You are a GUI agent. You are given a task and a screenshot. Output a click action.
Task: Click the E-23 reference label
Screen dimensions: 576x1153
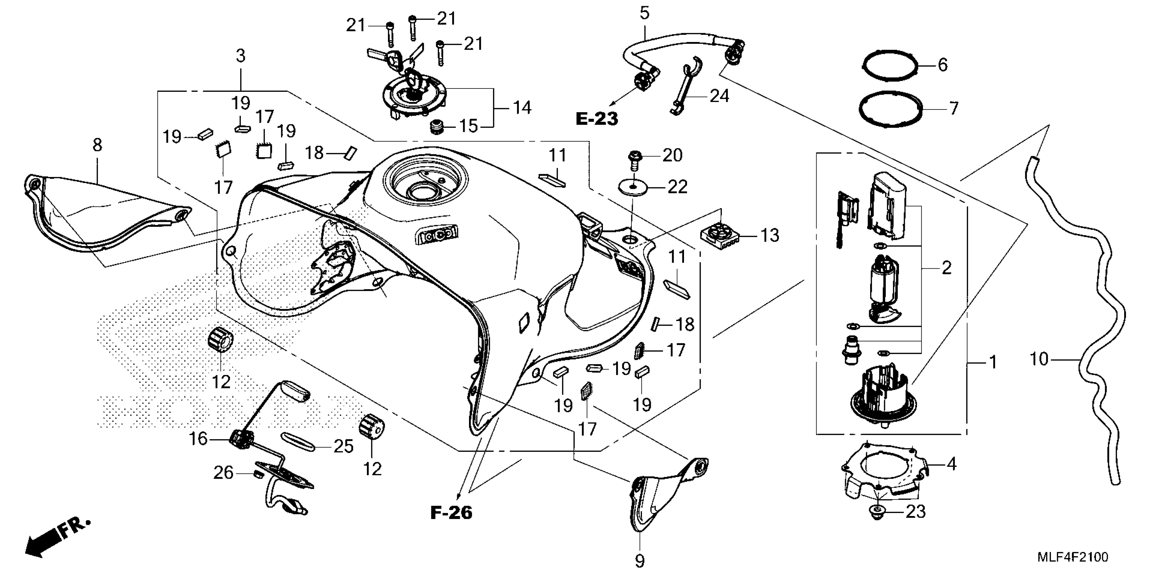click(x=596, y=119)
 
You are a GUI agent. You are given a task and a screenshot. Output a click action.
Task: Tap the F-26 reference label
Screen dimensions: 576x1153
click(x=451, y=513)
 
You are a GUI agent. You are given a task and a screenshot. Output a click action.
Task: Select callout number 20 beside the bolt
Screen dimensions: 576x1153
click(x=672, y=156)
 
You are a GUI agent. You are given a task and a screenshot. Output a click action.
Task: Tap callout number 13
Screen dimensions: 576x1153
click(x=770, y=235)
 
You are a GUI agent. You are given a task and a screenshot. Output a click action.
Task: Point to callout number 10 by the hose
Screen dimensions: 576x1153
click(x=1039, y=359)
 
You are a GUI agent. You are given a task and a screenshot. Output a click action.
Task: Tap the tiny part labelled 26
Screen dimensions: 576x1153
click(x=257, y=474)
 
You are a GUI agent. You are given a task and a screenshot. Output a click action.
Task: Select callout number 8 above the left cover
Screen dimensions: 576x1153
click(x=97, y=145)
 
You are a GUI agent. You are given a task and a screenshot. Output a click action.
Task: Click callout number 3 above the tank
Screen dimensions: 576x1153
click(x=241, y=56)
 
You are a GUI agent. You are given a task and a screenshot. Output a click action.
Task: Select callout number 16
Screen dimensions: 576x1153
click(x=198, y=439)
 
